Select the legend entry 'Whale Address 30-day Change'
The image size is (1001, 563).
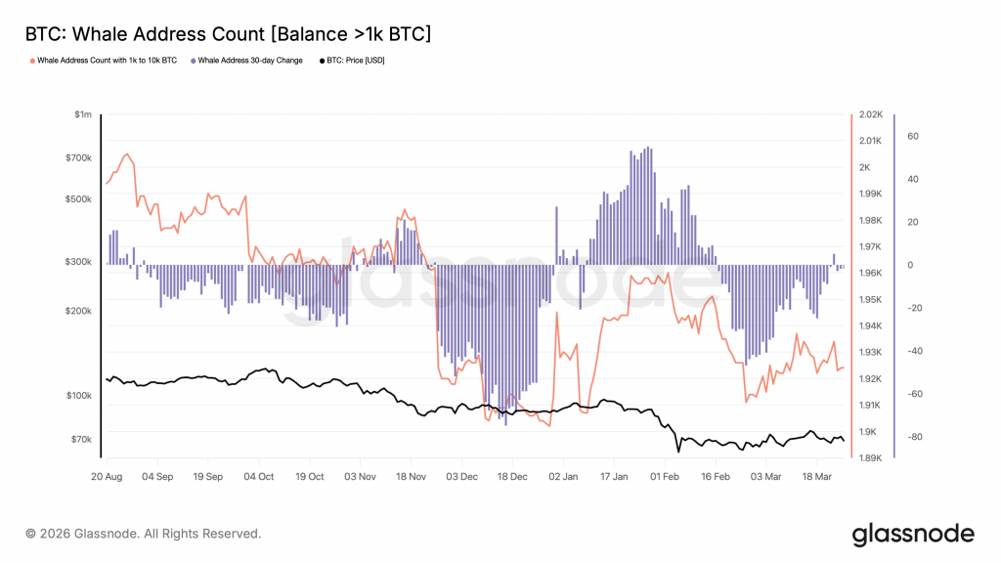[x=249, y=61]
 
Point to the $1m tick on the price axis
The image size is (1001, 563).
[x=83, y=115]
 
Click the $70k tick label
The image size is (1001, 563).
[x=80, y=439]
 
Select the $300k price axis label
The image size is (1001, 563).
[x=78, y=262]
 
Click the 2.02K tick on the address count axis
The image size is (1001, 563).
[x=871, y=115]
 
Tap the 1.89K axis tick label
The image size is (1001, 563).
[x=871, y=457]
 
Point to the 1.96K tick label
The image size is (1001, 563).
[x=871, y=274]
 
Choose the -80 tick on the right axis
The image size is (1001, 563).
[x=916, y=437]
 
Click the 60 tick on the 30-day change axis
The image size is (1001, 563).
[x=913, y=137]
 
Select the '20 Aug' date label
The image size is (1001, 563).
[x=106, y=477]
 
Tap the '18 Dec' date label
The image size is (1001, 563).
[x=512, y=477]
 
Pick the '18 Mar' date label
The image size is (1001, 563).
[x=818, y=477]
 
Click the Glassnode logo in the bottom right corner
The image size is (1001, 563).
[x=913, y=534]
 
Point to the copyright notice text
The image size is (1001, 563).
[x=144, y=534]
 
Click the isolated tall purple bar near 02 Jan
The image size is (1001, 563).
[x=556, y=236]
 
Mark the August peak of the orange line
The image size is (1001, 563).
[x=125, y=154]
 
